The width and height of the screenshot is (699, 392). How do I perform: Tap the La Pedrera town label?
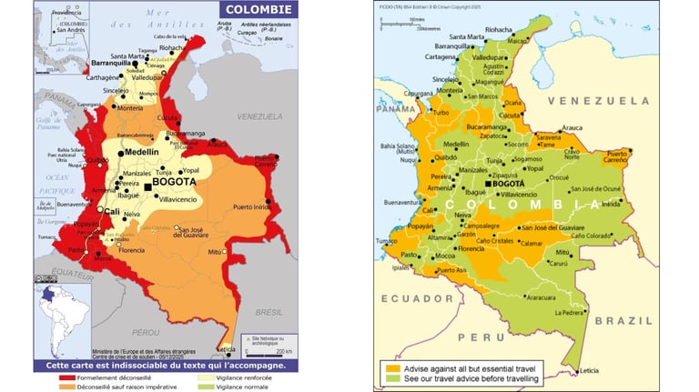pos(571,313)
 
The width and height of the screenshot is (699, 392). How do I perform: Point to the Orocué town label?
pos(559,178)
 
